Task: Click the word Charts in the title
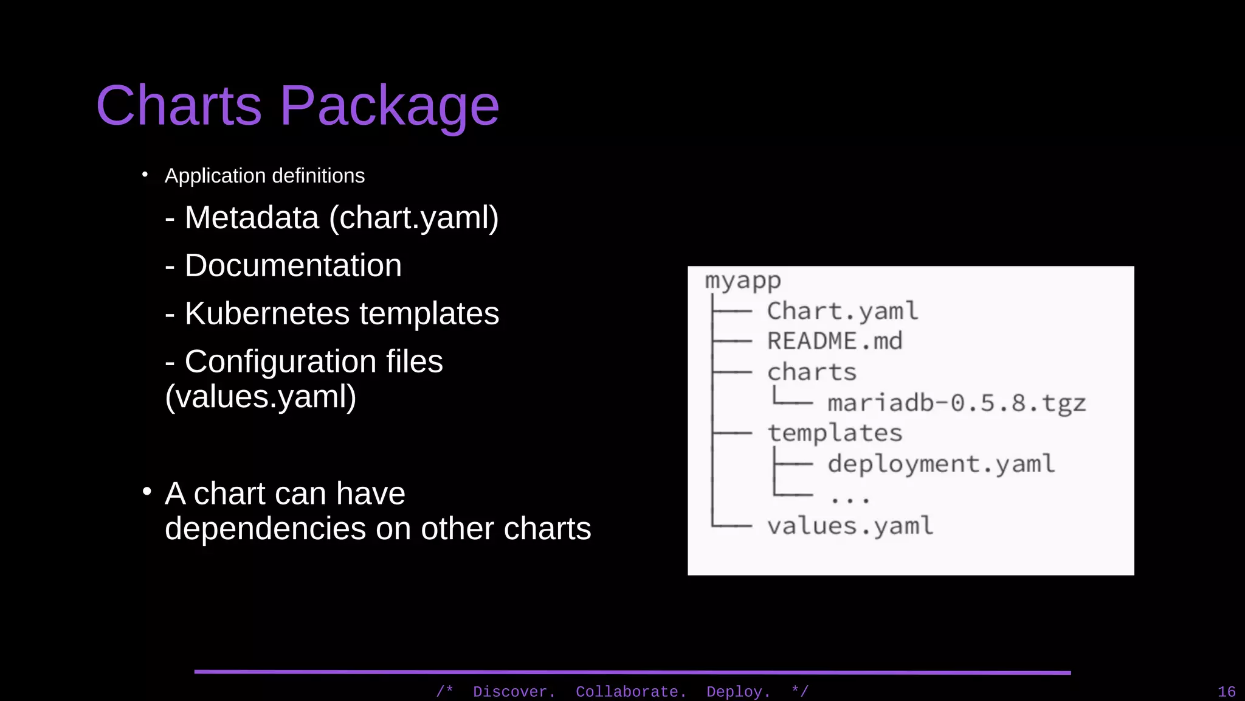tap(179, 105)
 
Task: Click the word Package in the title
tap(389, 106)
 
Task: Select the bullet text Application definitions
tap(264, 176)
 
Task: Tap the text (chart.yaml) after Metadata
tap(413, 218)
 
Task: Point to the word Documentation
tap(293, 266)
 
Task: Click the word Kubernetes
tap(267, 314)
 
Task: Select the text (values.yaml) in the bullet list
tap(260, 397)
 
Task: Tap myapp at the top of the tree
tap(742, 281)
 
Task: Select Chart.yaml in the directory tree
tap(842, 312)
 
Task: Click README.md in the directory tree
tap(835, 341)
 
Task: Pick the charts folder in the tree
tap(812, 372)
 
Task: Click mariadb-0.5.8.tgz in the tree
tap(956, 403)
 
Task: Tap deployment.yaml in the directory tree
tap(940, 464)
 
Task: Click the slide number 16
tap(1226, 692)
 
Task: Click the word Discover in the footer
tap(513, 692)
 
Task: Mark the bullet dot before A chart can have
tap(147, 491)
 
